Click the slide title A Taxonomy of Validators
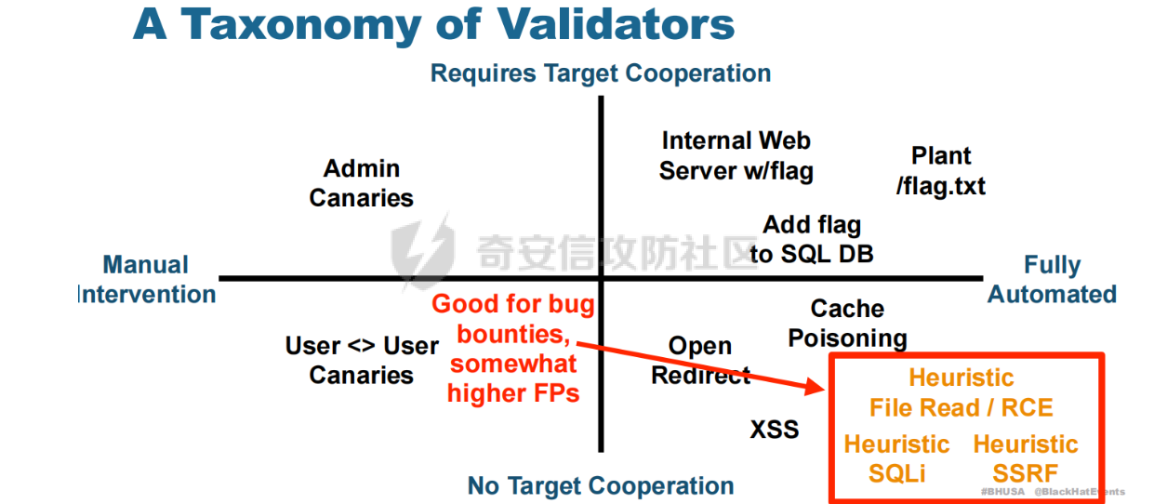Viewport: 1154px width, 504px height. (433, 25)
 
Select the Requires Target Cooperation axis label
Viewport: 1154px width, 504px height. (601, 73)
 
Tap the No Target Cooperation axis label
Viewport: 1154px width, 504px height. (601, 485)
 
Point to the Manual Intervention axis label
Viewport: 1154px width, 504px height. (146, 279)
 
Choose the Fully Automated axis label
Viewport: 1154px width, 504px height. (1052, 279)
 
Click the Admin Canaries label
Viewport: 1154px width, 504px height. (361, 183)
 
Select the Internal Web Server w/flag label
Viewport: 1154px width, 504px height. (736, 156)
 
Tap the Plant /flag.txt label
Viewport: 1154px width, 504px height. (941, 171)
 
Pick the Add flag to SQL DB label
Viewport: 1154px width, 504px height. (812, 239)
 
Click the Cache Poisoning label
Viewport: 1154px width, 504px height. (847, 324)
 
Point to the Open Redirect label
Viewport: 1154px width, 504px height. (700, 360)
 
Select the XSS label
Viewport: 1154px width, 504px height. (775, 430)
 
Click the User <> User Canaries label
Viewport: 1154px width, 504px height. (362, 360)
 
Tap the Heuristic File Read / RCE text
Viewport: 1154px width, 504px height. (962, 392)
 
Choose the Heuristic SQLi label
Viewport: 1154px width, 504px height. (897, 458)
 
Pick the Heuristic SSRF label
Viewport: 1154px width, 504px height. (1026, 458)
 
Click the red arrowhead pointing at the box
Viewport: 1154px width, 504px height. (815, 387)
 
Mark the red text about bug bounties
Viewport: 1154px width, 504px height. (513, 349)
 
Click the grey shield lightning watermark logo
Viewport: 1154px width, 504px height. (422, 251)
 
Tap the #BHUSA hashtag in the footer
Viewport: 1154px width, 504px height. (1002, 492)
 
